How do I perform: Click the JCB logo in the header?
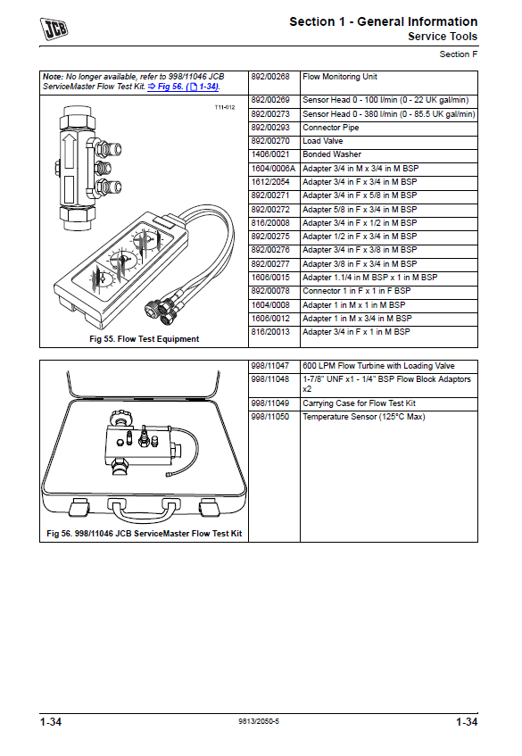pyautogui.click(x=54, y=29)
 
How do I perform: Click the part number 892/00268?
pyautogui.click(x=270, y=77)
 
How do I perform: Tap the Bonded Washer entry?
pyautogui.click(x=332, y=154)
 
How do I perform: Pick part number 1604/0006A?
pyautogui.click(x=273, y=169)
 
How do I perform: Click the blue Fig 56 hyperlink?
pyautogui.click(x=183, y=87)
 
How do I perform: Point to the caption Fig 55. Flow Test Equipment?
pyautogui.click(x=145, y=339)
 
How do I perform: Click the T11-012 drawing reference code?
pyautogui.click(x=225, y=107)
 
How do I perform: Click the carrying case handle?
pyautogui.click(x=145, y=511)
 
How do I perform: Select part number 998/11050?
pyautogui.click(x=269, y=417)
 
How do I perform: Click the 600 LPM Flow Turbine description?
pyautogui.click(x=378, y=366)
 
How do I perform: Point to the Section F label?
pyautogui.click(x=459, y=54)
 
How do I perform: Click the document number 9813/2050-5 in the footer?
pyautogui.click(x=259, y=721)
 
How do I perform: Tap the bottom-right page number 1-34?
pyautogui.click(x=467, y=722)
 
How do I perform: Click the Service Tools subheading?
pyautogui.click(x=443, y=37)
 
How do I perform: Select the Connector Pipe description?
pyautogui.click(x=331, y=128)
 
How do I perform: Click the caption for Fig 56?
pyautogui.click(x=145, y=533)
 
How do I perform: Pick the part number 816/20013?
pyautogui.click(x=270, y=332)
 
